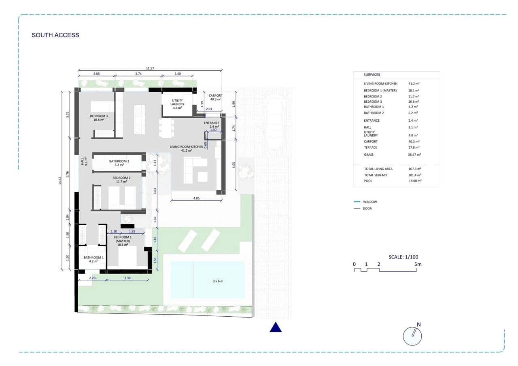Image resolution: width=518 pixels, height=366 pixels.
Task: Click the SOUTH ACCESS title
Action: [55, 35]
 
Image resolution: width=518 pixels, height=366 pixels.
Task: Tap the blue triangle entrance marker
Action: [276, 327]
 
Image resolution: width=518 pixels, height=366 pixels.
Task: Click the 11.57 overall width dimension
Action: [150, 68]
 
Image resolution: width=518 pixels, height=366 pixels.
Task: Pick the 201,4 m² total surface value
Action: [415, 175]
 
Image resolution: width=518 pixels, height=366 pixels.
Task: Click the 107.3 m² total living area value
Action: [415, 169]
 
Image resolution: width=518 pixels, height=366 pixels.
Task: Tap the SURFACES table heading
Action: [372, 75]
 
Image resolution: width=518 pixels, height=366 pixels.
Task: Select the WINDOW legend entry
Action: [369, 201]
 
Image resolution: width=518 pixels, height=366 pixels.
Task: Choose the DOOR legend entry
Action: [367, 209]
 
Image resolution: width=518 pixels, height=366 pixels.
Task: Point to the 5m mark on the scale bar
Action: [418, 264]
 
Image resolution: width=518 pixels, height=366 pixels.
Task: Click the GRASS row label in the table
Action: [369, 154]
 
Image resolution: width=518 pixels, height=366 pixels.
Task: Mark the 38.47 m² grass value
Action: [415, 154]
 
